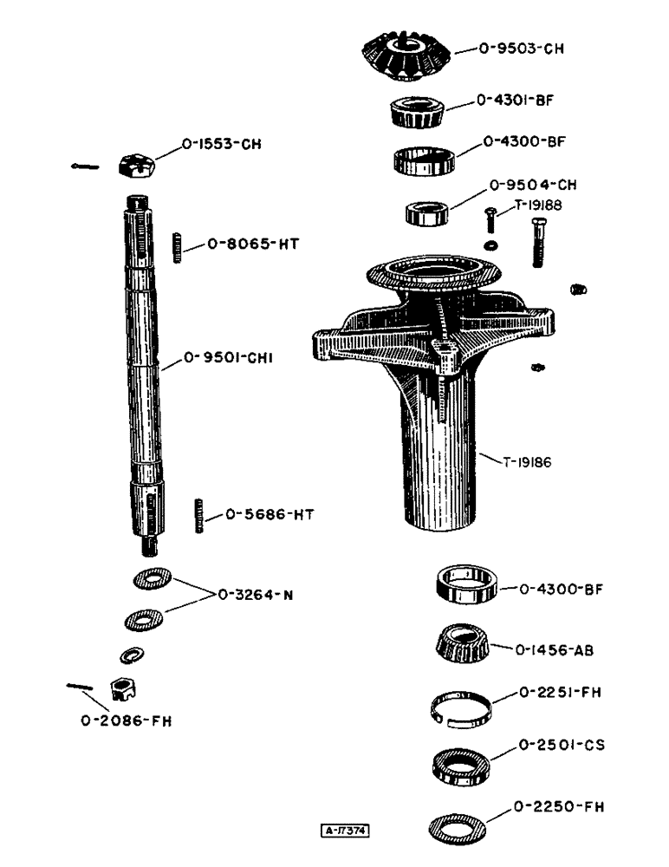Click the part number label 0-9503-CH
(x=522, y=49)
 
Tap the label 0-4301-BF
(x=515, y=101)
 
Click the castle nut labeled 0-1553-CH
(x=137, y=163)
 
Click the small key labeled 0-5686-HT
(x=198, y=515)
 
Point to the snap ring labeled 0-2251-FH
(x=464, y=704)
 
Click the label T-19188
(x=539, y=205)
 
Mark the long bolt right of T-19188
(x=537, y=244)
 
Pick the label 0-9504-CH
(x=534, y=185)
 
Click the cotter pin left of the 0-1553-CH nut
(x=87, y=167)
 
